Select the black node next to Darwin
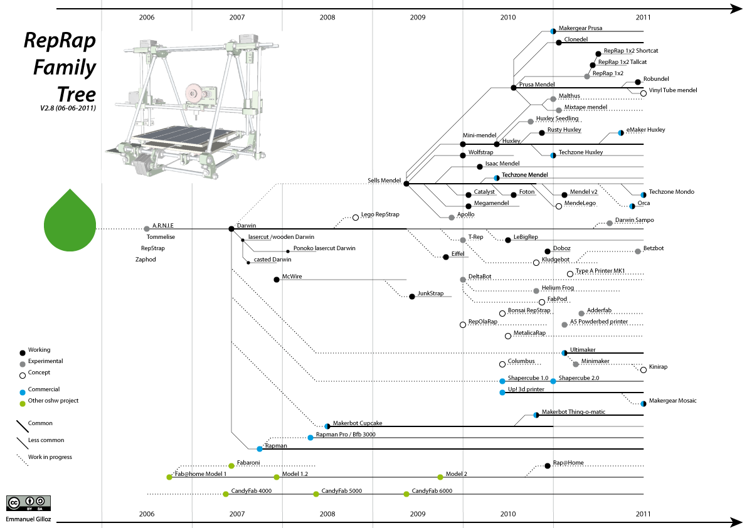pos(231,229)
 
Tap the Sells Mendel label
pos(384,181)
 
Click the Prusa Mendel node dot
pos(514,88)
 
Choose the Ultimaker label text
pos(583,350)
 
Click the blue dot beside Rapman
pos(260,449)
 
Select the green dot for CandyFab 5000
pos(316,494)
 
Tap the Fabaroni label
pos(248,463)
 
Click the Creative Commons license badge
pos(29,503)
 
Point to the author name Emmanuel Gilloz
pos(29,519)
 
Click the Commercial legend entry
pos(44,389)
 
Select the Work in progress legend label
pos(50,457)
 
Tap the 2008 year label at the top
pos(327,18)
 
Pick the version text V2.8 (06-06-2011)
pos(68,108)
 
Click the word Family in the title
pos(65,67)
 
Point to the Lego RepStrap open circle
pos(356,217)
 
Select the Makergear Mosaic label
pos(672,401)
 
